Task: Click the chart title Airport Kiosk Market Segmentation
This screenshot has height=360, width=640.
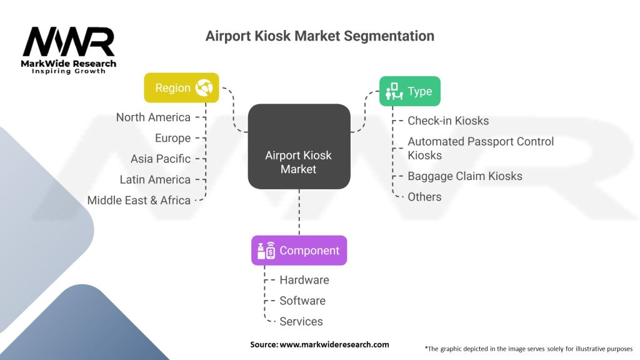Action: coord(319,36)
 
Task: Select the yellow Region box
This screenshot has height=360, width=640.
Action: coord(181,87)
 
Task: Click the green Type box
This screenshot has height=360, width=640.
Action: coord(409,91)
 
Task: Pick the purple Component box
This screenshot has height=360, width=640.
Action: coord(299,251)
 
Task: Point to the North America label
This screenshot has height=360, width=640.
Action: coord(153,117)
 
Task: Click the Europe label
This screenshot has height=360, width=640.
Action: coord(172,138)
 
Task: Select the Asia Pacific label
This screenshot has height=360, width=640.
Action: coord(161,159)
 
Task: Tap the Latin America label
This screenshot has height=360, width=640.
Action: coord(155,179)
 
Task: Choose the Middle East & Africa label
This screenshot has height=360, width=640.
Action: coord(139,200)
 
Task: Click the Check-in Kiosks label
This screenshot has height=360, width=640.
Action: coord(448,121)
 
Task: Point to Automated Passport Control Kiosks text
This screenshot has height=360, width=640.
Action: coord(480,148)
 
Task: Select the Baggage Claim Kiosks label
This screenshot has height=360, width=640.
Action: coord(464,176)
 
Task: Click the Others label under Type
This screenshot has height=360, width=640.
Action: coord(424,197)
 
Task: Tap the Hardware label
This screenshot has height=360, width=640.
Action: coord(304,280)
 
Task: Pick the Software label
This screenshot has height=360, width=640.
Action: coord(302,301)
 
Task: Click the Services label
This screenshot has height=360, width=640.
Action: coord(301,321)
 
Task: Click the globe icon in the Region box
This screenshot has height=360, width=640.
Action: coord(204,88)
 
